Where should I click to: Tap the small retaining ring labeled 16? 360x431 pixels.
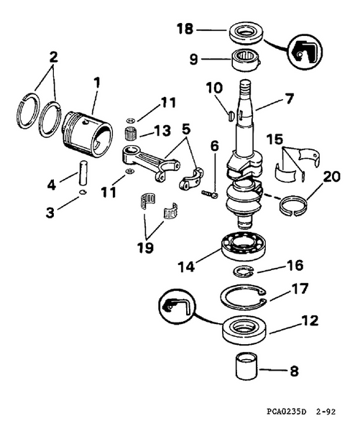244,270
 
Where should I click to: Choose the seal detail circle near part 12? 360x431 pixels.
175,307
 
